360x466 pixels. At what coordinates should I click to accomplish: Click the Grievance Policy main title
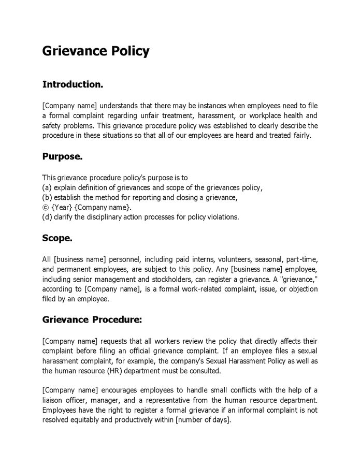(96, 51)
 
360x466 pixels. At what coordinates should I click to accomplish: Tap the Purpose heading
(62, 156)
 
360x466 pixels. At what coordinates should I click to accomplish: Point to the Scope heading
(57, 239)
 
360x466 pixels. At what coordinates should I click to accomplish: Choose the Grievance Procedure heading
(92, 320)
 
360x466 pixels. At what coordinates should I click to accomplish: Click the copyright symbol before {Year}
(46, 207)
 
